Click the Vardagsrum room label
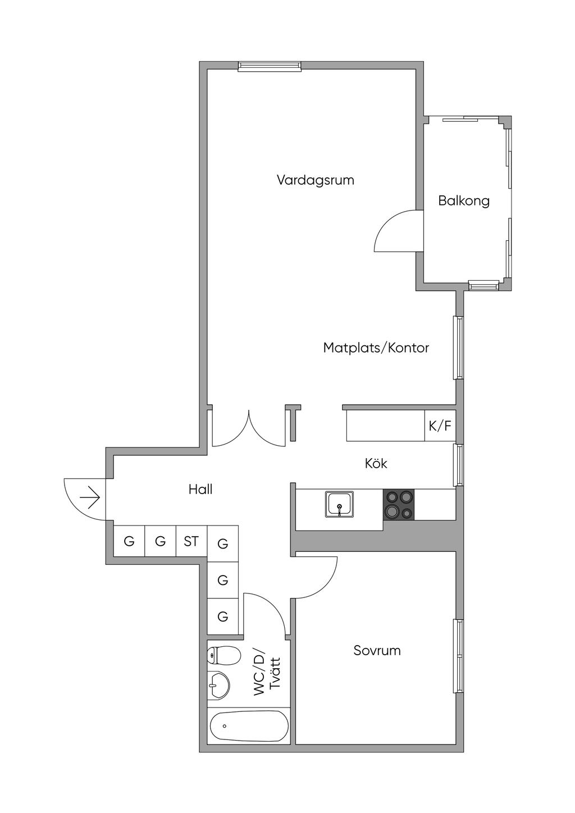pyautogui.click(x=316, y=180)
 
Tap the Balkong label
pyautogui.click(x=464, y=200)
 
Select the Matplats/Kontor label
pyautogui.click(x=376, y=348)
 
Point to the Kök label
pyautogui.click(x=376, y=463)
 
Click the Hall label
pyautogui.click(x=200, y=490)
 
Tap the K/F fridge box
pyautogui.click(x=440, y=426)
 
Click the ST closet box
pyautogui.click(x=191, y=541)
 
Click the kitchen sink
pyautogui.click(x=339, y=504)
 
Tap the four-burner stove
pyautogui.click(x=399, y=504)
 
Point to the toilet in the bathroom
pyautogui.click(x=223, y=655)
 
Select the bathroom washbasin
pyautogui.click(x=218, y=684)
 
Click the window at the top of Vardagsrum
pyautogui.click(x=270, y=66)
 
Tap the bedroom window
pyautogui.click(x=459, y=656)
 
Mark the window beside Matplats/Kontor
pyautogui.click(x=459, y=348)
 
